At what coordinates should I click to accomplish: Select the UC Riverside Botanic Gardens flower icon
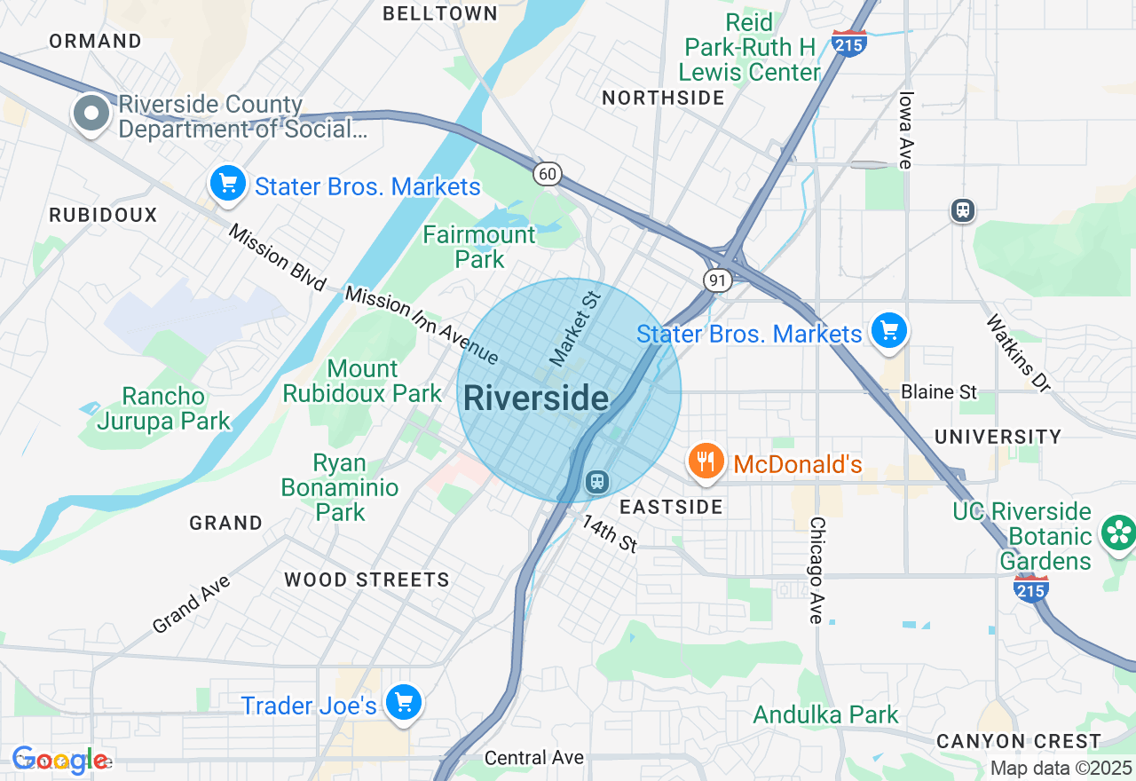pos(1118,533)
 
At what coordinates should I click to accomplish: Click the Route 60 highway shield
pos(548,174)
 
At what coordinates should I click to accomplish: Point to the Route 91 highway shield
pos(717,280)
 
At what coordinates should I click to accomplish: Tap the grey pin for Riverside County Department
pos(91,114)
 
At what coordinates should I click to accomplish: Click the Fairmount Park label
pos(479,247)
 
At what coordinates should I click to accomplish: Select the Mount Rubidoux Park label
pos(362,381)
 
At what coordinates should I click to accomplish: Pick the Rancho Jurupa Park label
pos(163,408)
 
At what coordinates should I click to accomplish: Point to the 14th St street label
pos(610,533)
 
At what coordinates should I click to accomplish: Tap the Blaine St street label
pos(938,391)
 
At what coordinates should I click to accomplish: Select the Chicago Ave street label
pos(816,571)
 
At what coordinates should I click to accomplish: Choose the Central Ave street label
pos(534,757)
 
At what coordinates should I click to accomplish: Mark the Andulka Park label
pos(825,714)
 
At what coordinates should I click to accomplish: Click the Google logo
pos(59,760)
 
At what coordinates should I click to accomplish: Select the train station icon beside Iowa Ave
pos(962,210)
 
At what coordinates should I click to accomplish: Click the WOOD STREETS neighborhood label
pos(367,580)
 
